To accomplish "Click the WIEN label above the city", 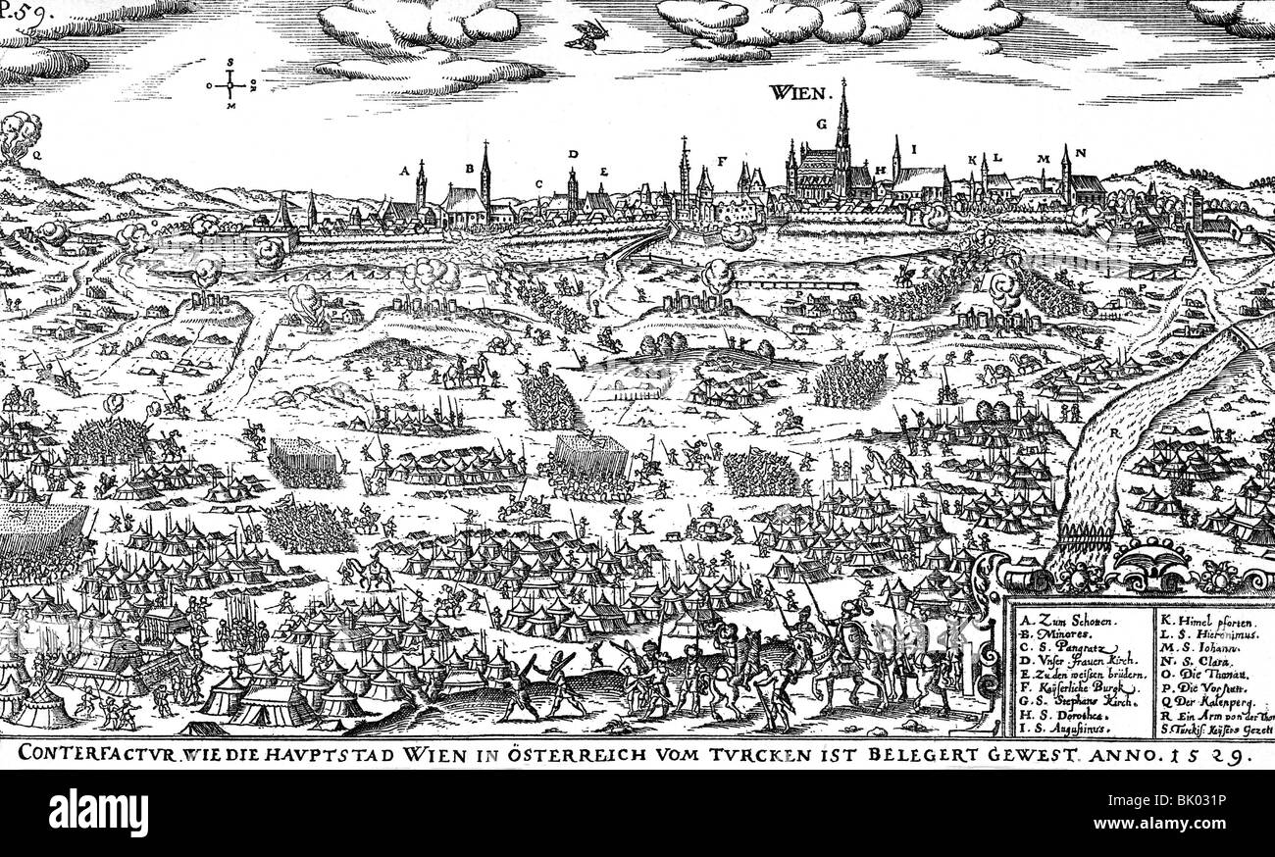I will (x=799, y=93).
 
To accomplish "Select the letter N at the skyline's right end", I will (x=1079, y=153).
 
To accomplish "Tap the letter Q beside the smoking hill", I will (x=36, y=154).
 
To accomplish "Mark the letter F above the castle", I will (x=722, y=160).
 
